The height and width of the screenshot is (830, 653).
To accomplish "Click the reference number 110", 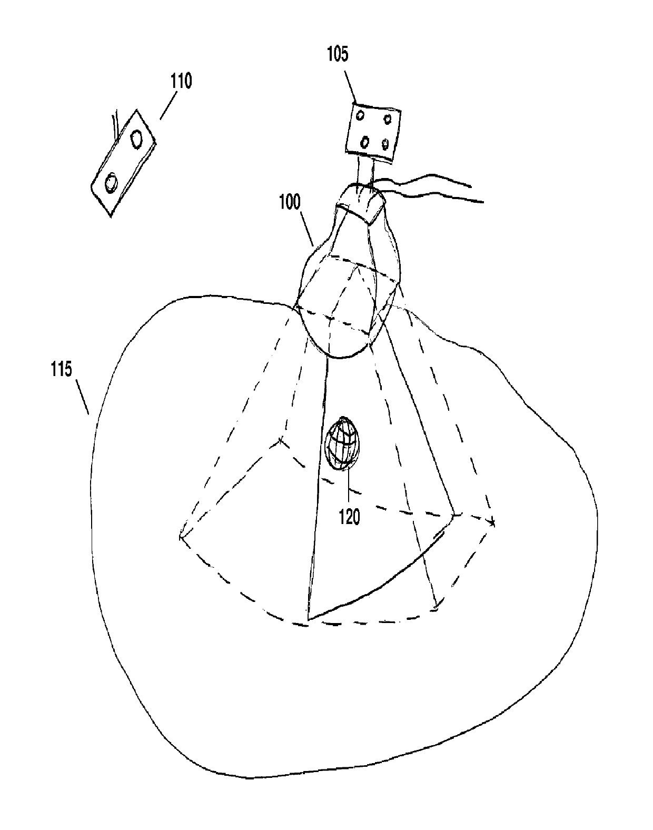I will (181, 82).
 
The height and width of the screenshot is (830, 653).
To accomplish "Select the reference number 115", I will (62, 370).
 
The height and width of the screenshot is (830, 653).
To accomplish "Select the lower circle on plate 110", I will (111, 183).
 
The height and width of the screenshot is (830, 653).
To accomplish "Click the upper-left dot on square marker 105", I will (361, 114).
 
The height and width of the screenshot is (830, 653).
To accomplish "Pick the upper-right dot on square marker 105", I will (388, 118).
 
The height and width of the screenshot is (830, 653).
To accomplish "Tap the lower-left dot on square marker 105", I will (365, 142).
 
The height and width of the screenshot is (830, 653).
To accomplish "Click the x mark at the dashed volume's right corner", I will (493, 523).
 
